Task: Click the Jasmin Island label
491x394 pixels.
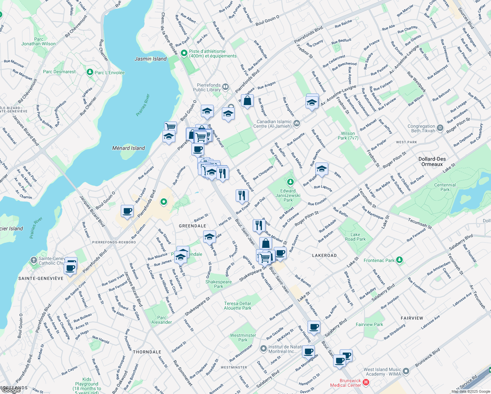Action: tap(151, 59)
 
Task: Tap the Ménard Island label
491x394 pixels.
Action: tap(128, 148)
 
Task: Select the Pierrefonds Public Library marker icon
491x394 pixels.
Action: tap(225, 87)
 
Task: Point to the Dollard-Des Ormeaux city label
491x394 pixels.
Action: tap(432, 162)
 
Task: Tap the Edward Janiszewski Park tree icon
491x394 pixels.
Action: tap(290, 182)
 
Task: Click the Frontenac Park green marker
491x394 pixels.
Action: tap(399, 260)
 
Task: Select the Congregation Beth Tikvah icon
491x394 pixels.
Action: tap(440, 128)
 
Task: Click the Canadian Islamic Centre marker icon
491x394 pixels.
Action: tap(297, 123)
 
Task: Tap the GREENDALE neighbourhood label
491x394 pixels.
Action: tap(192, 226)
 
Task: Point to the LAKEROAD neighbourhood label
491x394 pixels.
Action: tap(324, 255)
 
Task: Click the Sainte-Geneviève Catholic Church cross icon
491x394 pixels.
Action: tap(33, 260)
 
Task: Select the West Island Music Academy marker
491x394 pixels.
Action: tap(406, 371)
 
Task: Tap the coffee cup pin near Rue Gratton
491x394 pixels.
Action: tap(127, 211)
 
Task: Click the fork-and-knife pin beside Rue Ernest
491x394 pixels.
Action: tap(242, 195)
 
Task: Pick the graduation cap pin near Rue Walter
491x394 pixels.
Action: tap(321, 169)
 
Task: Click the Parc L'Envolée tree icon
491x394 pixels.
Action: tap(90, 72)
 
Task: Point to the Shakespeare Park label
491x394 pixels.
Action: tap(218, 284)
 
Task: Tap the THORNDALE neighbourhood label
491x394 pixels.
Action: tap(147, 352)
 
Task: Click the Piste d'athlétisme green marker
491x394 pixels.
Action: tap(184, 53)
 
